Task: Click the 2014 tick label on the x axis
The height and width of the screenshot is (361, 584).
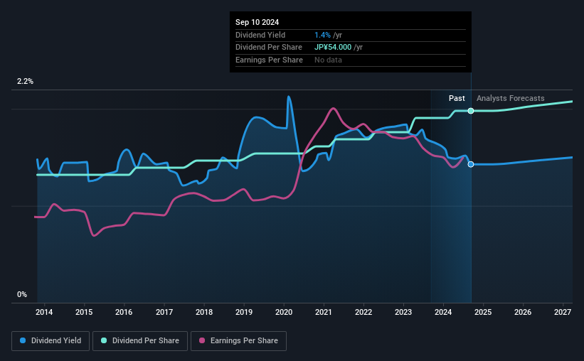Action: (x=44, y=312)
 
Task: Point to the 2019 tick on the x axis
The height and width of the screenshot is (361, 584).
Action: (x=244, y=312)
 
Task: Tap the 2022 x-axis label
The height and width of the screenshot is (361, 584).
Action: (x=363, y=312)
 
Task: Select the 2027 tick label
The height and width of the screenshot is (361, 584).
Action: (x=563, y=312)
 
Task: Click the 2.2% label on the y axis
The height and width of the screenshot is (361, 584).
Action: (x=26, y=82)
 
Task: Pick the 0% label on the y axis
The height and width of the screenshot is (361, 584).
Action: (x=22, y=294)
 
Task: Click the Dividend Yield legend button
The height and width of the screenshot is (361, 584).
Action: (x=51, y=341)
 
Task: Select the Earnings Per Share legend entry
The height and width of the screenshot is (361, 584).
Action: (x=239, y=341)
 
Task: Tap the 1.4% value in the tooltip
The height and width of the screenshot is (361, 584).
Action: (x=322, y=34)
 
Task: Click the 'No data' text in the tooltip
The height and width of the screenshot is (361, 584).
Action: (x=328, y=60)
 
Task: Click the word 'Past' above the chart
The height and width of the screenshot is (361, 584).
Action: (x=457, y=98)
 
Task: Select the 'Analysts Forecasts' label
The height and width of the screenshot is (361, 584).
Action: (x=510, y=98)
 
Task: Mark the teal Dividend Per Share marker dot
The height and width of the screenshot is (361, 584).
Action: (x=471, y=111)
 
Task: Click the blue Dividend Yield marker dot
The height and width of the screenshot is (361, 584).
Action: (x=471, y=164)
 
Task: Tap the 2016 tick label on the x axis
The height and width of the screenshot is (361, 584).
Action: (x=124, y=312)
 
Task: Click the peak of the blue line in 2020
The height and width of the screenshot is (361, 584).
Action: (x=289, y=97)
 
